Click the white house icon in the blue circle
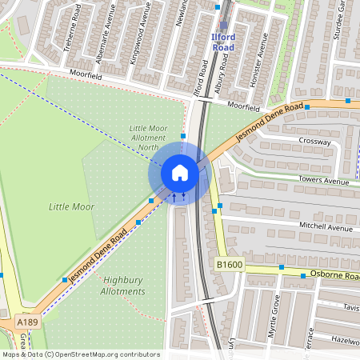180,172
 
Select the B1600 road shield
229,263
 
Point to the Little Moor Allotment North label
149,137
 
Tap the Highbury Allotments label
124,286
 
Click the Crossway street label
314,142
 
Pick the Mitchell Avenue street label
326,227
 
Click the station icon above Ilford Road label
223,26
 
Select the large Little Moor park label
71,206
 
